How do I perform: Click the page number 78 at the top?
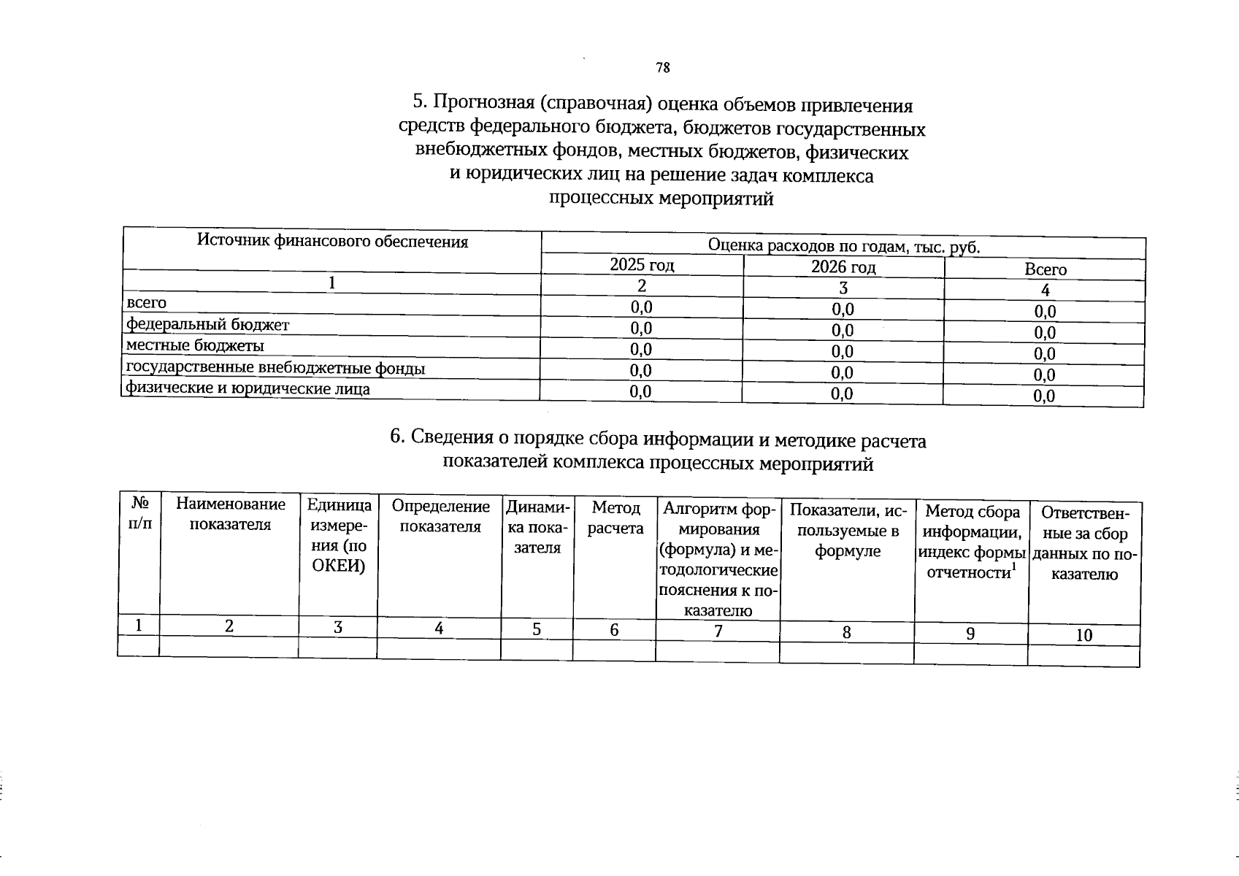(x=662, y=69)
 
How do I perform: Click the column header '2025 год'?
(x=642, y=266)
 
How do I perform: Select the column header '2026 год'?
(x=843, y=267)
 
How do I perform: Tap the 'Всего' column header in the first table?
(x=1045, y=269)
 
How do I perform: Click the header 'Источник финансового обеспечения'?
(x=332, y=242)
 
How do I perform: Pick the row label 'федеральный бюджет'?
(x=208, y=325)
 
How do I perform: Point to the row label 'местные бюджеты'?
(x=195, y=345)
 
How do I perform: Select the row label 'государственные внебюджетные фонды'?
(x=275, y=368)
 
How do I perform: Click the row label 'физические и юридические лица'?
(x=248, y=389)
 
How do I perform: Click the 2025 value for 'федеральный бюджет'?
(x=641, y=328)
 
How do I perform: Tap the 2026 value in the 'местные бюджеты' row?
(x=843, y=352)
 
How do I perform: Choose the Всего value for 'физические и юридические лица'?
(x=1045, y=397)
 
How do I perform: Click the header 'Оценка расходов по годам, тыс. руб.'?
(x=843, y=247)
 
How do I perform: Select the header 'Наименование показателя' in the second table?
(x=230, y=515)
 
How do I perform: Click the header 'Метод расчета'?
(x=615, y=518)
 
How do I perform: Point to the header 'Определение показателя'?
(x=440, y=516)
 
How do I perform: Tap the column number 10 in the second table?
(x=1083, y=636)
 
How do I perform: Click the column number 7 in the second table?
(x=718, y=631)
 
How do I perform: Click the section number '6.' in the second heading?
(x=397, y=437)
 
